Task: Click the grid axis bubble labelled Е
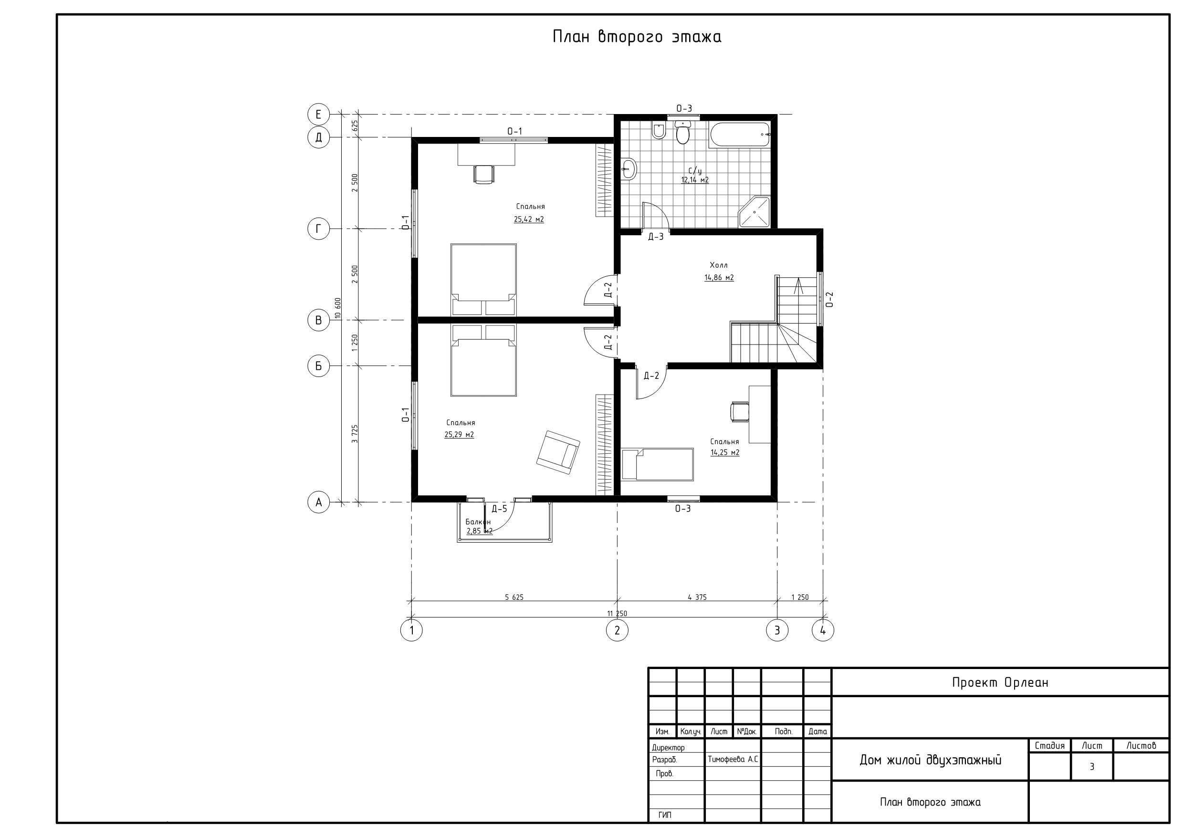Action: (x=319, y=115)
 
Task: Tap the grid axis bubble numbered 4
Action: (x=823, y=630)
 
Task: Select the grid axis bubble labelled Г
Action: (x=319, y=229)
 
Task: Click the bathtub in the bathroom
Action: (x=740, y=135)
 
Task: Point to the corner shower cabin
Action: (x=755, y=212)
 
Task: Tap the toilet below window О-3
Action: (x=683, y=133)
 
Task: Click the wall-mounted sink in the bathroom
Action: (x=629, y=168)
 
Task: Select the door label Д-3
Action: (x=655, y=237)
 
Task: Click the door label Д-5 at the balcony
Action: (x=499, y=509)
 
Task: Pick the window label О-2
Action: (x=829, y=299)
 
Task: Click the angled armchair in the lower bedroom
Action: (x=558, y=452)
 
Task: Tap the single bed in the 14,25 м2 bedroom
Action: (x=657, y=464)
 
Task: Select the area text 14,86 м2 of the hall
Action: (x=719, y=277)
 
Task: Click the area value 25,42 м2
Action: (x=529, y=219)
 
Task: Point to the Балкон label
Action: (x=478, y=522)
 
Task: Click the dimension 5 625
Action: (x=514, y=597)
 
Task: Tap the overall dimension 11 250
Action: (x=617, y=614)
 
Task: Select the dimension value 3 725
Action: (x=355, y=434)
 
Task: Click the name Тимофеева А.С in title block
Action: (x=733, y=760)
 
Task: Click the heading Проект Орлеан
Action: (x=1000, y=683)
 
